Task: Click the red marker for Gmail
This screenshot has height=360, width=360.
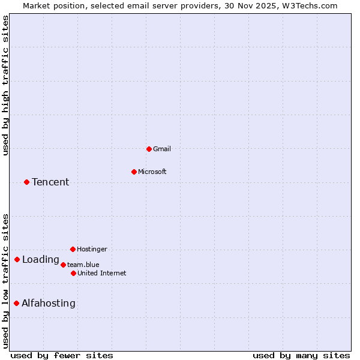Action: (149, 149)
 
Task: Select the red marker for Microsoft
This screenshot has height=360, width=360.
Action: (134, 172)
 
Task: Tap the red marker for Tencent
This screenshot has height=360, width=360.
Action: (26, 182)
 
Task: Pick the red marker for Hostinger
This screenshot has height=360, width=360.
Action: (73, 249)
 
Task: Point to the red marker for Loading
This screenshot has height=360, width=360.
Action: (17, 259)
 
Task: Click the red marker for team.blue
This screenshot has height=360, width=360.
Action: (63, 265)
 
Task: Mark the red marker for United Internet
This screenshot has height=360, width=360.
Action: (73, 273)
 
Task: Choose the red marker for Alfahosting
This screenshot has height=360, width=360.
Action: (16, 303)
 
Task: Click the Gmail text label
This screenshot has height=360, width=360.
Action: (162, 149)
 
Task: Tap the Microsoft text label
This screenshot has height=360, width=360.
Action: (152, 172)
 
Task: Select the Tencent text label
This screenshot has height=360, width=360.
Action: (50, 182)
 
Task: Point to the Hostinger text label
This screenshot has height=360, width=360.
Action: (92, 249)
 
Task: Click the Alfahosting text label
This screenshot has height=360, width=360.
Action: (49, 303)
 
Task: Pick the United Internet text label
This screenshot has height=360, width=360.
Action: (102, 273)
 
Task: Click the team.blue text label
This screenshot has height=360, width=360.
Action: (83, 265)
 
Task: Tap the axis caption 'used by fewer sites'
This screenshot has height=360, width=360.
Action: (62, 355)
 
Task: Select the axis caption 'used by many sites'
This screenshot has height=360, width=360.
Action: (301, 355)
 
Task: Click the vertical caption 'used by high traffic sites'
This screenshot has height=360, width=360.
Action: (6, 85)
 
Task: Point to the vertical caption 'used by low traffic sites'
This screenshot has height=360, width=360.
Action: (6, 281)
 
